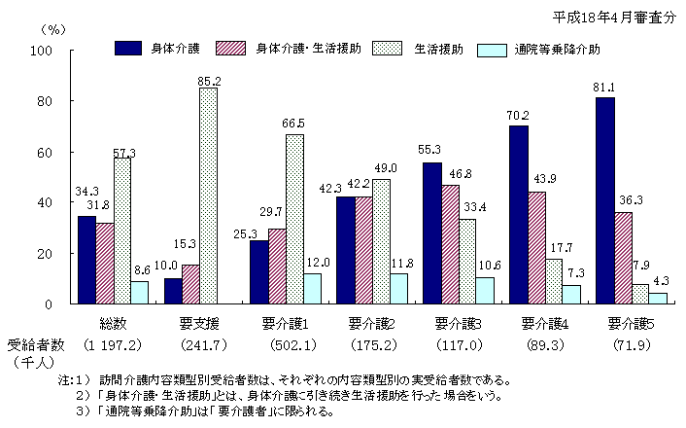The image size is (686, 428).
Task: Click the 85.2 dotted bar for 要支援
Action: pos(208,196)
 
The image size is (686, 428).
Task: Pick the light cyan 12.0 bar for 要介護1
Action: pos(312,289)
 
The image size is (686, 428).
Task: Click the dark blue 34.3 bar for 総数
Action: pos(86,260)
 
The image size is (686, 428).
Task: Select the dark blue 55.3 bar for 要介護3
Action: pos(432,233)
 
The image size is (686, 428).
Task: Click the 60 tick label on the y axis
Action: pos(44,153)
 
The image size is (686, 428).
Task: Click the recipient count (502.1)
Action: pos(283,345)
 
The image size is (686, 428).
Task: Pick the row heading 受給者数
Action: pos(35,344)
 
